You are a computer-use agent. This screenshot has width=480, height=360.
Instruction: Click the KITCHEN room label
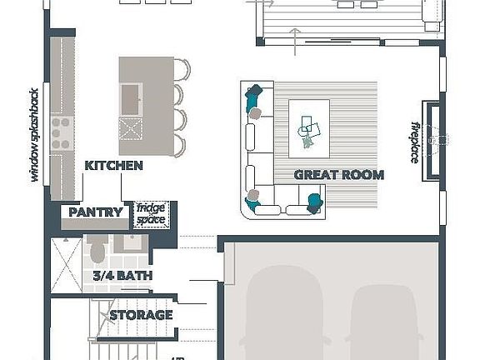click(x=113, y=166)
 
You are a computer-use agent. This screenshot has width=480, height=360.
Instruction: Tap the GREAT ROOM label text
click(x=338, y=175)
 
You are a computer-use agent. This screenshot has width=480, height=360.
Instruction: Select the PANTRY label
click(x=96, y=212)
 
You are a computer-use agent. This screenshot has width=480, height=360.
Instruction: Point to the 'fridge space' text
click(x=152, y=214)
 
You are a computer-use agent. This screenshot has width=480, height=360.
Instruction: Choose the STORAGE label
click(x=141, y=315)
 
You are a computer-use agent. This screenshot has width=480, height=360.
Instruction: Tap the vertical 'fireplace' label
click(x=414, y=142)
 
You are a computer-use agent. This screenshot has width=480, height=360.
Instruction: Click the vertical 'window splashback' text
click(x=34, y=133)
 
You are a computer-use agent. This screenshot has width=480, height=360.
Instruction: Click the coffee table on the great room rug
click(x=308, y=128)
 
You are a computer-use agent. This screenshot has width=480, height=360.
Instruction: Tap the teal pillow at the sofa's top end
click(x=255, y=96)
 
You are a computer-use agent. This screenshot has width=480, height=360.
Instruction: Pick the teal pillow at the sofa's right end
click(x=314, y=201)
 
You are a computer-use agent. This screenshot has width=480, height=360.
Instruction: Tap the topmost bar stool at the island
click(x=182, y=70)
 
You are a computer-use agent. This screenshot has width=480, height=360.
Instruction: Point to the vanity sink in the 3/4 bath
click(x=131, y=244)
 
